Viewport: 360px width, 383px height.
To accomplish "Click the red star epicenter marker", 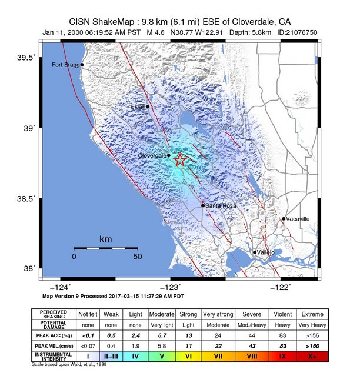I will (181, 159).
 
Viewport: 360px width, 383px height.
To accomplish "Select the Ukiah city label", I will (138, 107).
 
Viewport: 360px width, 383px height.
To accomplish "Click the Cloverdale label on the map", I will (152, 155).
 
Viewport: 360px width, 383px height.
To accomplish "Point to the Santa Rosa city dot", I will (203, 205).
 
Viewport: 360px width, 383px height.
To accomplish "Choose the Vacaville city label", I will (298, 219).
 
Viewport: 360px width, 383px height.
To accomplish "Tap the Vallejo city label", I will (266, 252).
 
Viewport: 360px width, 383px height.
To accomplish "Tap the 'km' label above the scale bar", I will (106, 240).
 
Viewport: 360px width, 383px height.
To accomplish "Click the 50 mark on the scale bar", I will (138, 257).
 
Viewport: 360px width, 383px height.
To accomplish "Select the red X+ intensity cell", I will (312, 356).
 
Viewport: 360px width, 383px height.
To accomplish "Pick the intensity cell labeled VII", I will (218, 356).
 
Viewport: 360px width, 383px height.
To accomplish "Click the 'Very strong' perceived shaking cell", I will (218, 314).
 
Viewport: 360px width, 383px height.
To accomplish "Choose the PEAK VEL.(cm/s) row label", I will (53, 345).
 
